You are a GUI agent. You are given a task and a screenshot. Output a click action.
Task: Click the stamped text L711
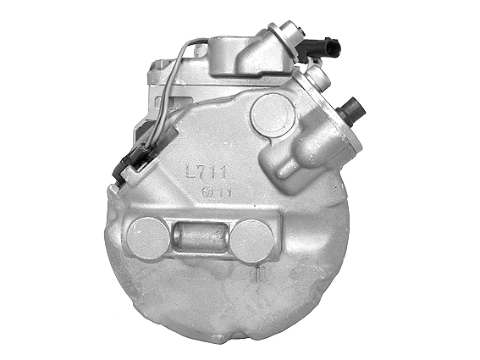(x=207, y=172)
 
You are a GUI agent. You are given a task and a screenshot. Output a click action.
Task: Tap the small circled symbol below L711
(x=207, y=191)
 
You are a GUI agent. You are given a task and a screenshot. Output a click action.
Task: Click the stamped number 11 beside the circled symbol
(x=223, y=191)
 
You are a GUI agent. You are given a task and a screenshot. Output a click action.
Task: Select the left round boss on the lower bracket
(x=146, y=237)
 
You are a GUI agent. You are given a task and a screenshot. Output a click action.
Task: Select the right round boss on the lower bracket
(x=251, y=240)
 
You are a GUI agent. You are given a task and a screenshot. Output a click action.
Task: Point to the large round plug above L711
(x=273, y=114)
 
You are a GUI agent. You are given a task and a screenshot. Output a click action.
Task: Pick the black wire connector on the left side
(x=135, y=158)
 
